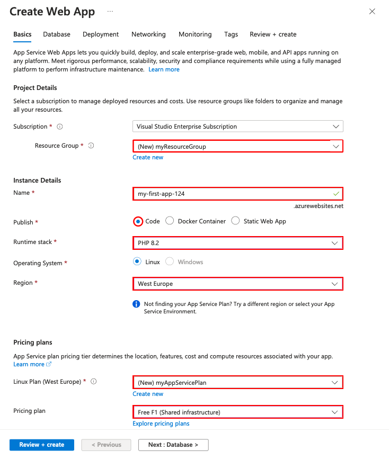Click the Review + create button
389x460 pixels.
click(41, 445)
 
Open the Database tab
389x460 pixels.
click(57, 34)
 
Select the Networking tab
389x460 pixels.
click(148, 34)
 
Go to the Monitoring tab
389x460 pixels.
click(195, 34)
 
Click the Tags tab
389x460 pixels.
click(231, 34)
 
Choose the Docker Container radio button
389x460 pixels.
click(170, 221)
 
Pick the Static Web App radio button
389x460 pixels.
click(235, 221)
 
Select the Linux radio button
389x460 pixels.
click(137, 262)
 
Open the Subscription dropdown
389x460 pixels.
click(237, 127)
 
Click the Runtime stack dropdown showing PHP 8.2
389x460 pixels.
click(237, 243)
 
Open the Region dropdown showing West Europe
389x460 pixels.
click(237, 284)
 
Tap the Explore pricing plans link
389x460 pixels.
click(161, 423)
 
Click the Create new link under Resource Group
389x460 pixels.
click(148, 157)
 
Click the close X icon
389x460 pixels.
click(372, 12)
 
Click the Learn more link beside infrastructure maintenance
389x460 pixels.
click(164, 69)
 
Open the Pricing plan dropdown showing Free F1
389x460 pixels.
click(237, 412)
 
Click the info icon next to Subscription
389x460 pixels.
click(60, 127)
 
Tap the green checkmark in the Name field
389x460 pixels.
click(336, 194)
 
